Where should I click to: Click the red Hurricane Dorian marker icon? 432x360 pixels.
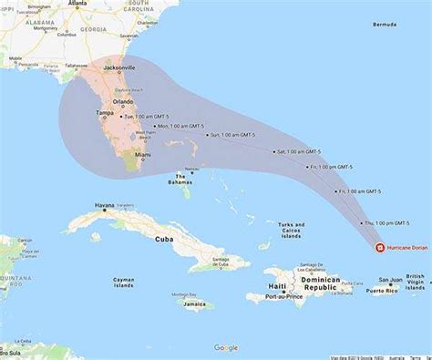379,247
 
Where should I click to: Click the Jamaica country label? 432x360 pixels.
193,305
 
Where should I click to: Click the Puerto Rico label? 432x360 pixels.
390,292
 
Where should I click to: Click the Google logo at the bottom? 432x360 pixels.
225,348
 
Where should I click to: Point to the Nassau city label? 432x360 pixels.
191,169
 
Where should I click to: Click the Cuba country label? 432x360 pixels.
164,240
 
